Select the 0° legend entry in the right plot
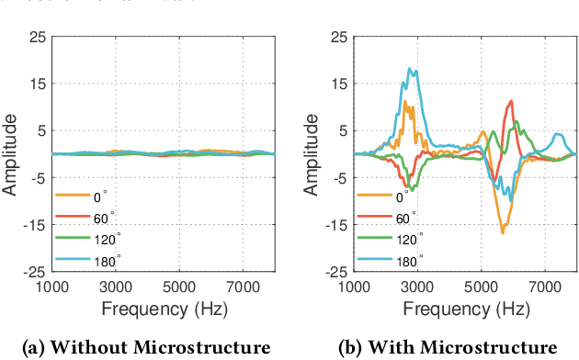[400, 195]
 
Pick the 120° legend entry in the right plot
[407, 239]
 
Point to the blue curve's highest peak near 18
[412, 70]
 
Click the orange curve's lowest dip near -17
[503, 232]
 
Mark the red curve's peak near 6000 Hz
[511, 102]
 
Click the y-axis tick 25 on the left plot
[36, 37]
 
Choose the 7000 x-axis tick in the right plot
[545, 286]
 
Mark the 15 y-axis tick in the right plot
[340, 84]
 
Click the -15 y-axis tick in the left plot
[36, 225]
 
